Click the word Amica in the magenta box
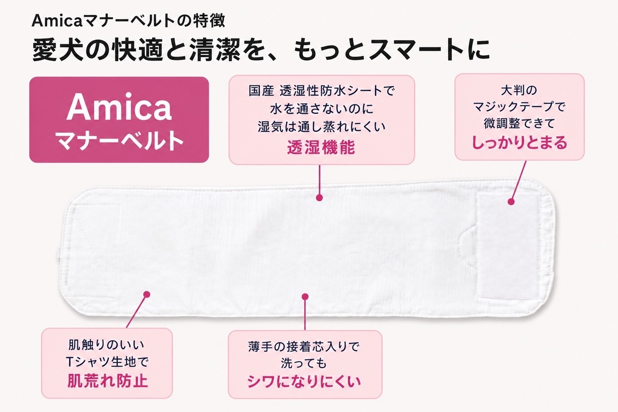tap(119, 107)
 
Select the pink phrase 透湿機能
tap(321, 147)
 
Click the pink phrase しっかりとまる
tap(519, 142)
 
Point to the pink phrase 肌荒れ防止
tap(108, 381)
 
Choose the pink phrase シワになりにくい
tap(304, 382)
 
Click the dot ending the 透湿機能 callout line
tap(319, 198)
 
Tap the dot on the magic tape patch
tap(511, 202)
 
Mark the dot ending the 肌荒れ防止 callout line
tap(147, 295)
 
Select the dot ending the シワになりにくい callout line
tap(305, 297)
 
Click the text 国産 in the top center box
tap(261, 90)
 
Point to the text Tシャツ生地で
tap(107, 362)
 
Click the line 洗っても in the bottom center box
tap(304, 363)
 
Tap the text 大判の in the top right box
tap(519, 90)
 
